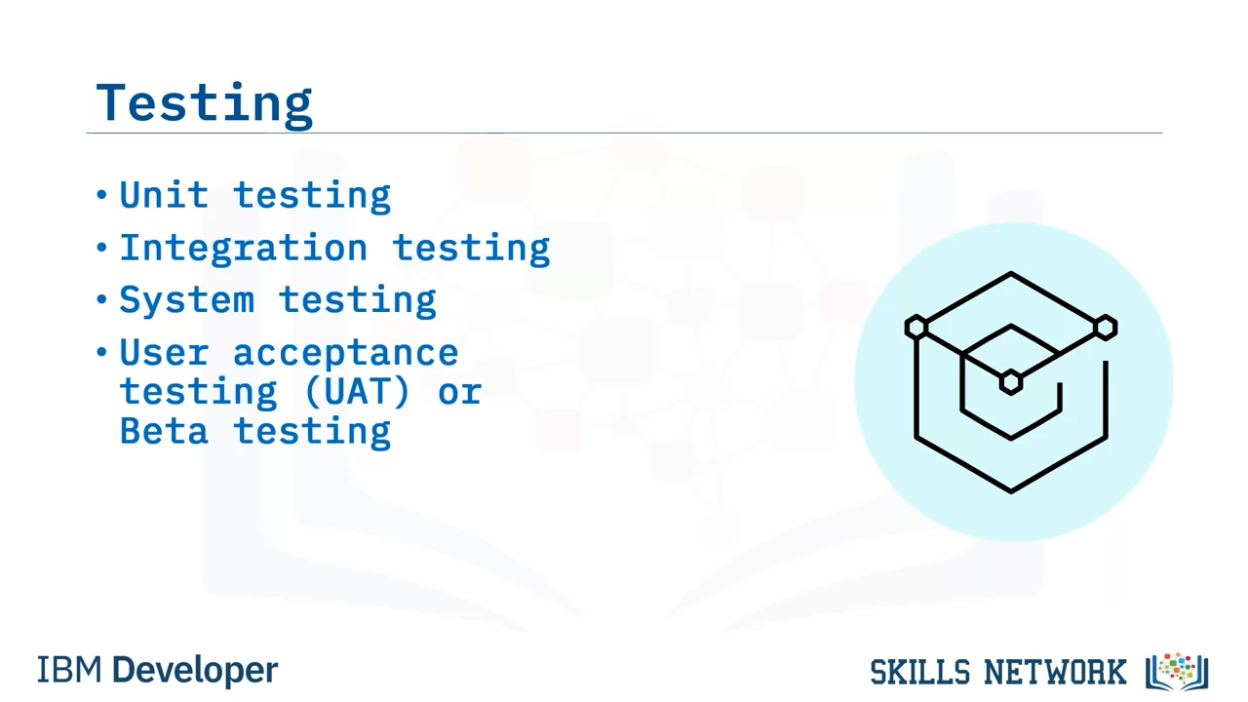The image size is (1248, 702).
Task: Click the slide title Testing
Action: pos(204,103)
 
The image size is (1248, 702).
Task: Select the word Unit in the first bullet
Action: pos(165,195)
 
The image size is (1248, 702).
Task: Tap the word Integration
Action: pos(244,249)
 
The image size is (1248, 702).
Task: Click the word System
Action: pos(187,299)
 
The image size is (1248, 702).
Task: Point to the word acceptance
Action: pos(345,353)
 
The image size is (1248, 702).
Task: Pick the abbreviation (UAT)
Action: pos(358,391)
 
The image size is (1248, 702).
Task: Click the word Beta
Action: pos(164,431)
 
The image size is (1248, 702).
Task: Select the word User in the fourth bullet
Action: pos(165,353)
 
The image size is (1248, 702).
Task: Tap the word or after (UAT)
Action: pos(459,392)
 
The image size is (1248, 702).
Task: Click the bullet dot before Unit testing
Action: pos(101,195)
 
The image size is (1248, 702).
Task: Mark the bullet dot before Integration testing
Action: pos(101,247)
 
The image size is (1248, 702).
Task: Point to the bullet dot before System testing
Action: pos(101,299)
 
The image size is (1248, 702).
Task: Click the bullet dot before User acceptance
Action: pos(101,352)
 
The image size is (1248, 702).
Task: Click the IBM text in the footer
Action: pos(69,670)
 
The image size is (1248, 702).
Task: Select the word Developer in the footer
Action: pos(195,671)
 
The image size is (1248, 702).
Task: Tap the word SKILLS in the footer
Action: pos(919,672)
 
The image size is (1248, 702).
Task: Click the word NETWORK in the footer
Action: pos(1055,672)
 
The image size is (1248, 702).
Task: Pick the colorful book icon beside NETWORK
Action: pos(1177,672)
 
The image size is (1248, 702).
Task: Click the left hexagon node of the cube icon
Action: pos(916,327)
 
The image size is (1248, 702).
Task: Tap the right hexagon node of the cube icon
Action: pos(1106,327)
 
